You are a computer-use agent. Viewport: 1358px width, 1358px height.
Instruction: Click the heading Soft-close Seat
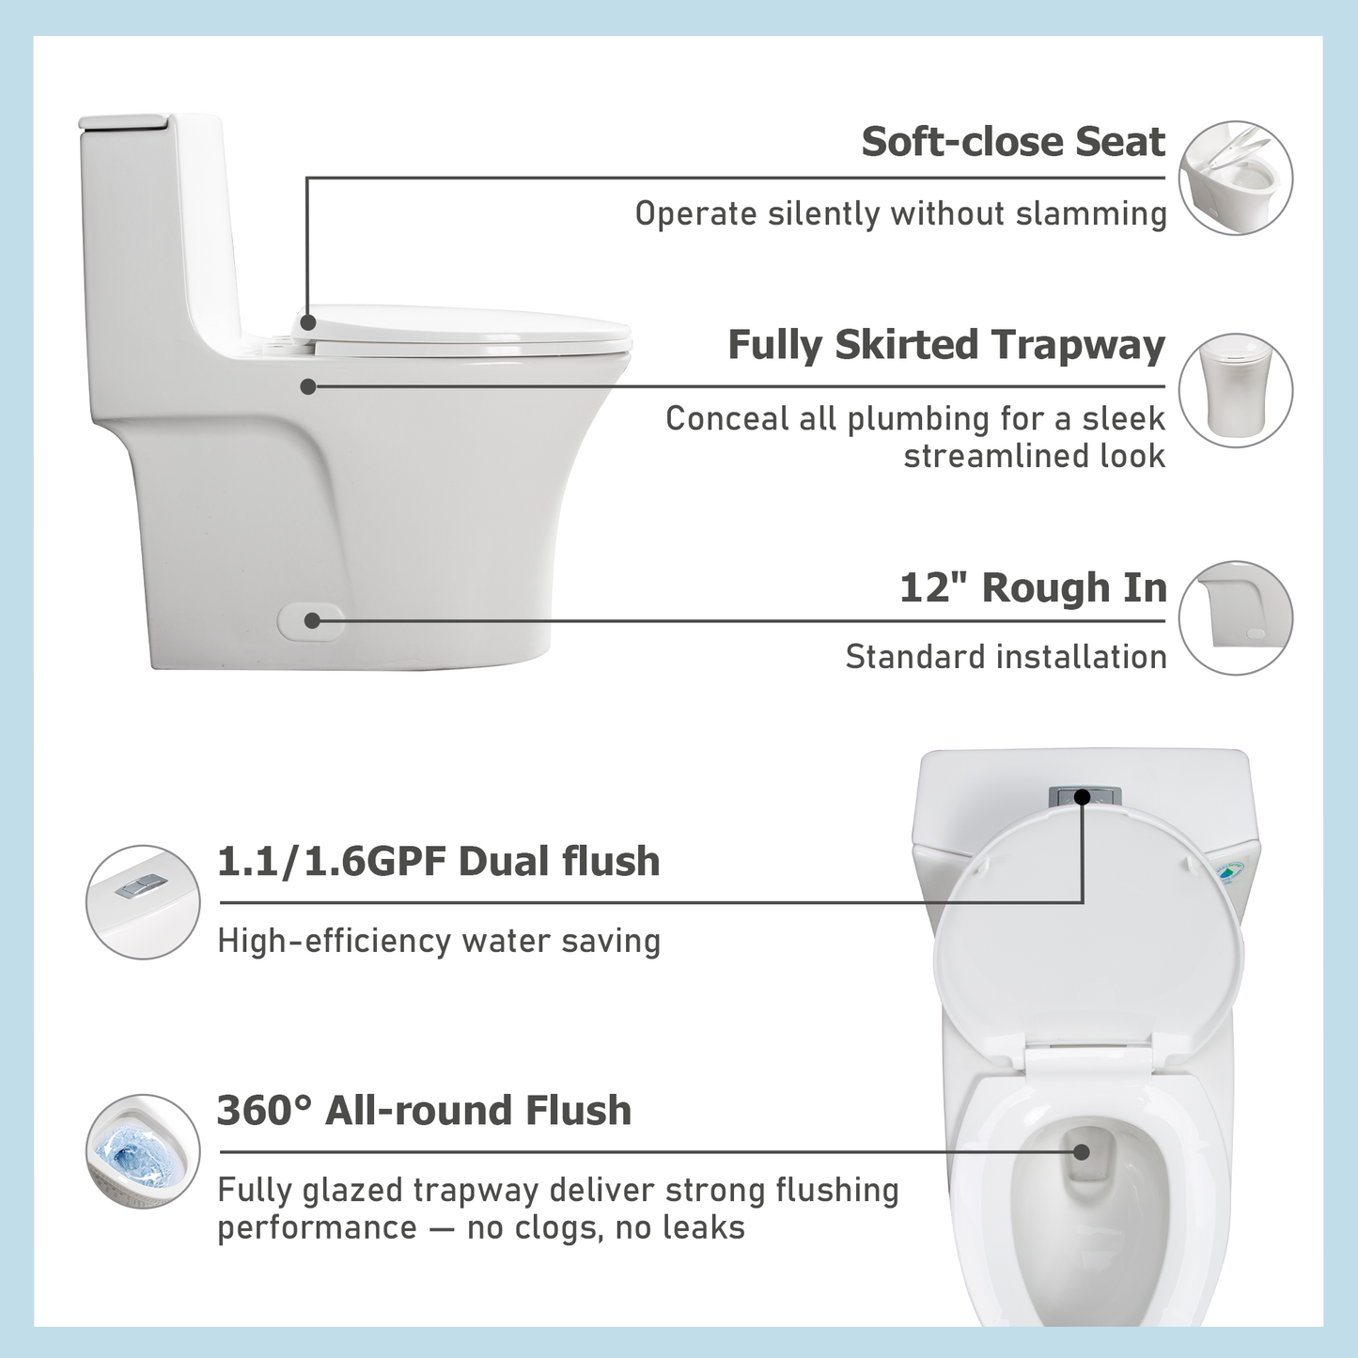click(x=1012, y=143)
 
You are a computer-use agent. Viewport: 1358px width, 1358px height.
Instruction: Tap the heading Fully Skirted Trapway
click(x=945, y=346)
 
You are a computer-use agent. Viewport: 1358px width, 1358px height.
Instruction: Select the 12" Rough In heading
click(x=1032, y=588)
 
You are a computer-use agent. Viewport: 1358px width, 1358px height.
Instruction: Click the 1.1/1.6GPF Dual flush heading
click(x=438, y=862)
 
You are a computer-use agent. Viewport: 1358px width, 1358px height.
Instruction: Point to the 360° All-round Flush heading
click(x=424, y=1111)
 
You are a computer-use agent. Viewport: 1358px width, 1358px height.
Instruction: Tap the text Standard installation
click(x=1006, y=657)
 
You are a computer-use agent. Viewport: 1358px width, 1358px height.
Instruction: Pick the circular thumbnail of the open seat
click(x=1235, y=178)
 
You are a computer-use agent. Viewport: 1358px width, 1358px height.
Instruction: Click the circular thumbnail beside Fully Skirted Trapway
click(x=1235, y=390)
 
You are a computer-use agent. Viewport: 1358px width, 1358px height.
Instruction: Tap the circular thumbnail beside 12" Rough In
click(x=1235, y=617)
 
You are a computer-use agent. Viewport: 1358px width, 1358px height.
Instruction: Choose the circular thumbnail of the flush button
click(x=143, y=902)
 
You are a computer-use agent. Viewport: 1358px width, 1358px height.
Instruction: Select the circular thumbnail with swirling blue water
click(x=143, y=1151)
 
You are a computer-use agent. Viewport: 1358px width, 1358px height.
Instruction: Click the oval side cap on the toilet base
click(x=310, y=621)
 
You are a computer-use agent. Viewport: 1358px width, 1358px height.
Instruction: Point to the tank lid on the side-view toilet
click(x=125, y=121)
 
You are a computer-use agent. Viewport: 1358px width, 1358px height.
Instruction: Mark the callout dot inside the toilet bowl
click(x=1082, y=1151)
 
